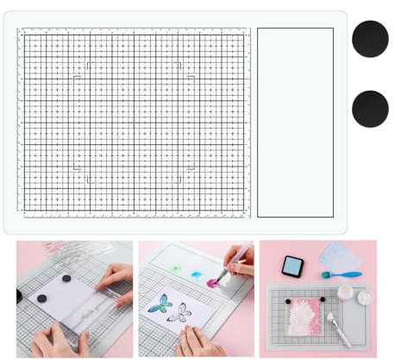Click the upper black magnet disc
[x=370, y=39]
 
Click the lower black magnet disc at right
[x=370, y=108]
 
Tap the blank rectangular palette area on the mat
[x=296, y=121]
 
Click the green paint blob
[x=175, y=269]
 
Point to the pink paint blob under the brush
[x=210, y=281]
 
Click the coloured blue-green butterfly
[x=158, y=304]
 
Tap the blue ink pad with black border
[x=292, y=267]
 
